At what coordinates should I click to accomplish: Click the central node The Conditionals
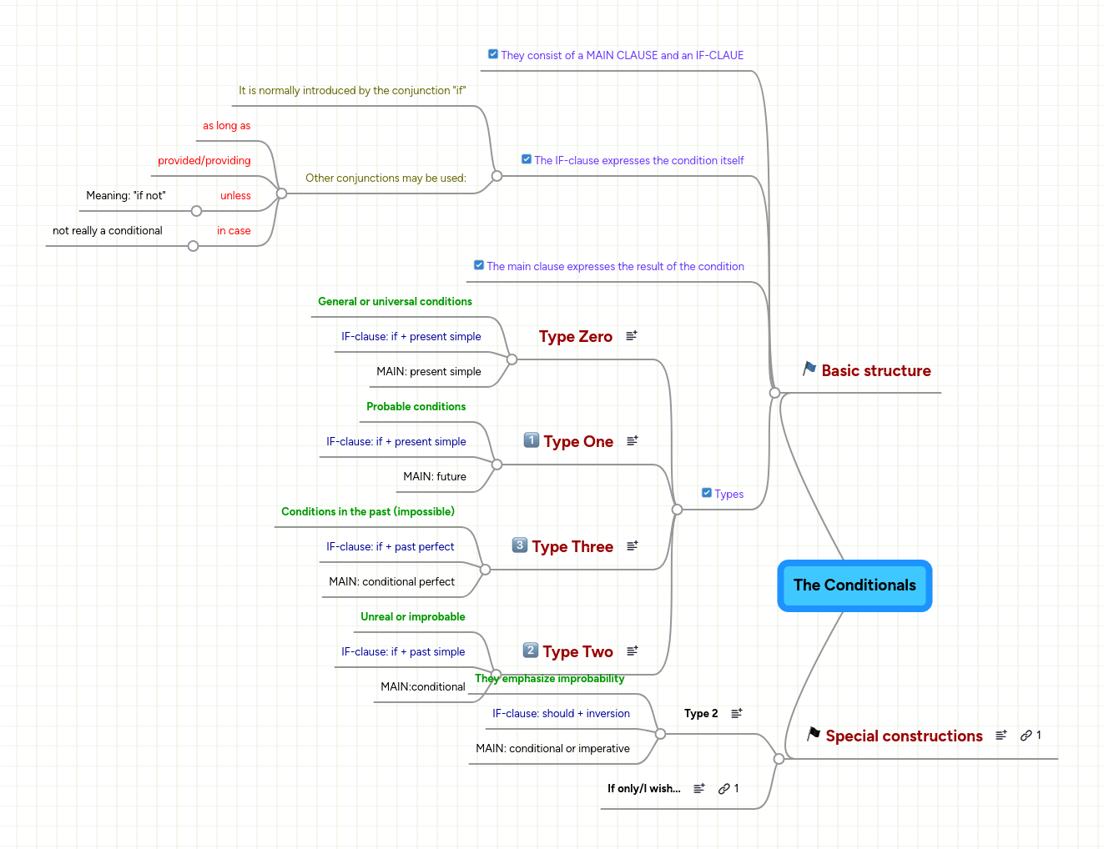click(854, 585)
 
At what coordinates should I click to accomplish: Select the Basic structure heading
click(875, 371)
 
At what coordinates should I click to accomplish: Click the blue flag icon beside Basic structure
click(809, 369)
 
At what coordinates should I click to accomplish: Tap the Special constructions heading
click(904, 736)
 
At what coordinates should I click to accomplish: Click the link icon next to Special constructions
click(1026, 736)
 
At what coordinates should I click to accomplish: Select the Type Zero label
click(575, 337)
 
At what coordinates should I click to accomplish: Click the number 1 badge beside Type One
click(532, 440)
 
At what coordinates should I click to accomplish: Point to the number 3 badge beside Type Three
click(520, 545)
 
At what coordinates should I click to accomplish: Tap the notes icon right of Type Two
click(633, 651)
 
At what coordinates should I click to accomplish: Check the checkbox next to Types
click(707, 493)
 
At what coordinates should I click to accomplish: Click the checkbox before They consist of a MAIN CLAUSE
click(493, 54)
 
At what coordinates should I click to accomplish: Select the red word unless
click(235, 196)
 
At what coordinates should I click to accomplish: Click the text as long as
click(226, 126)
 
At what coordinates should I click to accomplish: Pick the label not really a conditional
click(108, 231)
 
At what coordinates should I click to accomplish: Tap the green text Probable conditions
click(416, 407)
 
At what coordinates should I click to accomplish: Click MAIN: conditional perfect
click(391, 582)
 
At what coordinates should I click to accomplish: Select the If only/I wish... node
click(643, 789)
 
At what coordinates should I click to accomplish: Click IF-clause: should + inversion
click(561, 714)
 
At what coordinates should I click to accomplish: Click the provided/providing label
click(204, 161)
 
